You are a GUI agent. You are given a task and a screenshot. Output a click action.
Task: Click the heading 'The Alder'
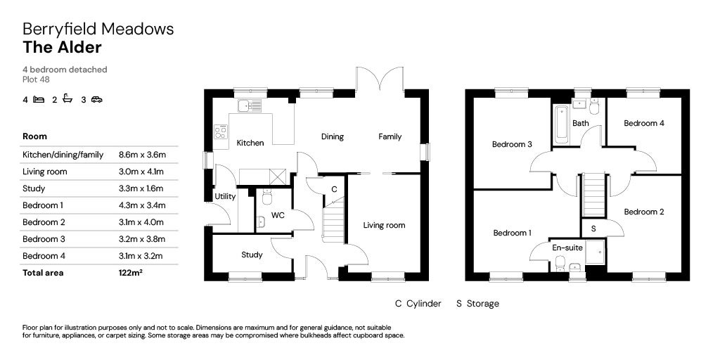[x=62, y=48]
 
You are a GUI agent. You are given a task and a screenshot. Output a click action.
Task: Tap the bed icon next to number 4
[x=39, y=100]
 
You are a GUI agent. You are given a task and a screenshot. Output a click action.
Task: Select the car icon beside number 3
[x=96, y=100]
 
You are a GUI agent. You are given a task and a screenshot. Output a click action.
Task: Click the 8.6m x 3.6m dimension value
[x=147, y=155]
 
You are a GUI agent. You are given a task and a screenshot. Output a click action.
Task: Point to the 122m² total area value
[x=131, y=273]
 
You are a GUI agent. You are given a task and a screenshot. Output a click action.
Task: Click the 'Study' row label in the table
[x=34, y=188]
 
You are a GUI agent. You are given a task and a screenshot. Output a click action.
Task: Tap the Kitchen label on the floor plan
[x=250, y=143]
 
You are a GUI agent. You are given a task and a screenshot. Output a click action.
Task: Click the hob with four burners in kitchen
[x=221, y=130]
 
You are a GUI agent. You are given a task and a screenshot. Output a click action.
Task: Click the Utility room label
[x=225, y=197]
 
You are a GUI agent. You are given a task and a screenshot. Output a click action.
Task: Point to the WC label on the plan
[x=278, y=215]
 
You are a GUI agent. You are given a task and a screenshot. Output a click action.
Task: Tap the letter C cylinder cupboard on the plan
[x=334, y=189]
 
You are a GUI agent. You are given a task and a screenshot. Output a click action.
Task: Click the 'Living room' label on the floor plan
[x=384, y=226]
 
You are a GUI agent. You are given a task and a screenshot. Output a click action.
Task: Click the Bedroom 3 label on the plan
[x=511, y=145]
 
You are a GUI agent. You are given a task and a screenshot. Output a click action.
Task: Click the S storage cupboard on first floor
[x=593, y=229]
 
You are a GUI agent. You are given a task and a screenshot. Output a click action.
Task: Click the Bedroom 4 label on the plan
[x=644, y=123]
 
